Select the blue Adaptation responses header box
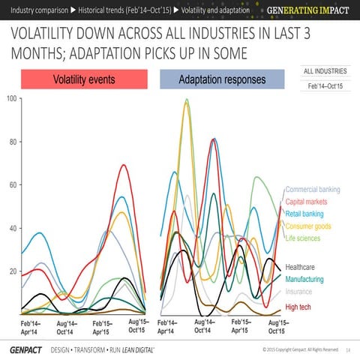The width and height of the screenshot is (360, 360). tap(222, 79)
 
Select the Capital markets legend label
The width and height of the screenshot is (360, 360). tap(310, 202)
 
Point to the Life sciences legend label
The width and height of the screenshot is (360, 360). tap(306, 239)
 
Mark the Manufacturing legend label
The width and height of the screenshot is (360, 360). tap(310, 280)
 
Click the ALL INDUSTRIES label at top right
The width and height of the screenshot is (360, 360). tap(325, 71)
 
